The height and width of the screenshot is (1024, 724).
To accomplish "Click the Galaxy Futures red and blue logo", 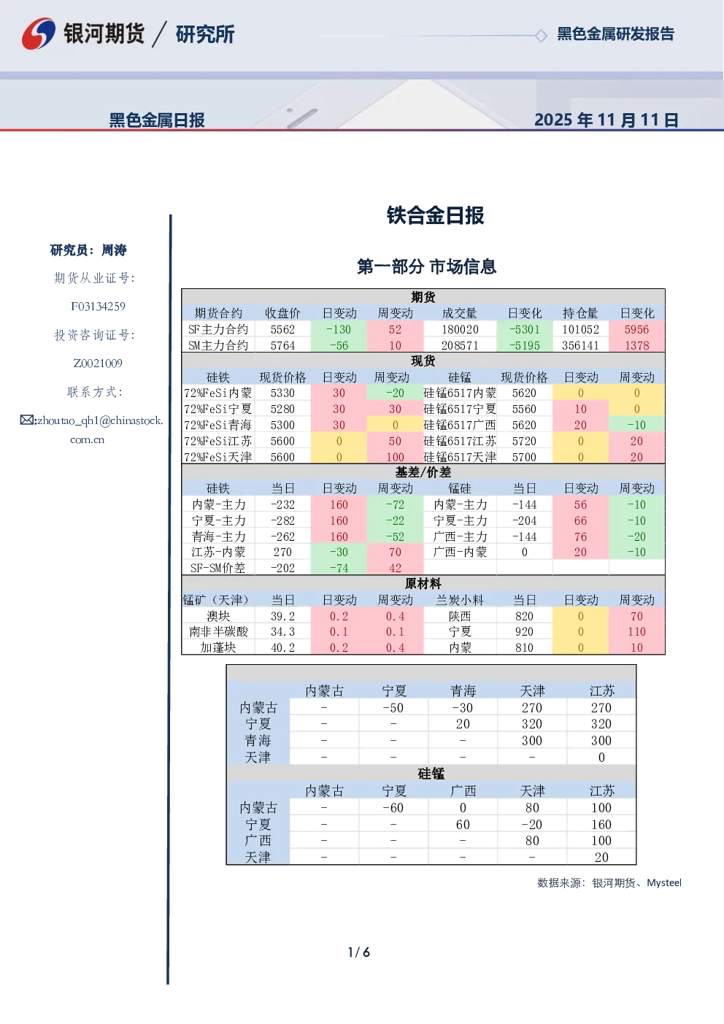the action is (x=39, y=34).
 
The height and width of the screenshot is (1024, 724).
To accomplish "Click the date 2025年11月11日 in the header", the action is (x=606, y=120).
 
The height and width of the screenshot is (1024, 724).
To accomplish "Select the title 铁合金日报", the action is (x=435, y=215).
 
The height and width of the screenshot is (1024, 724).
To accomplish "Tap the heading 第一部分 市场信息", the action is (x=426, y=266).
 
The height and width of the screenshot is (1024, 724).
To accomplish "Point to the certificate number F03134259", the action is (x=98, y=307).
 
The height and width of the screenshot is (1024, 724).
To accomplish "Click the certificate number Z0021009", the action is (x=98, y=363).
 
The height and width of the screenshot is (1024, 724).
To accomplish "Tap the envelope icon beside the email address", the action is (x=27, y=420).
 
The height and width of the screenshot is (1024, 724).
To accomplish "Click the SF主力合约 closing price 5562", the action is (x=282, y=330).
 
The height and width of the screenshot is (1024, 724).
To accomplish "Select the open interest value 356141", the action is (x=580, y=346).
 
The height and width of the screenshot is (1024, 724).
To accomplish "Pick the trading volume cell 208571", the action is (x=459, y=346).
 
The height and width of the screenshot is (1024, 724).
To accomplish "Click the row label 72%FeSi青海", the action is (x=218, y=425).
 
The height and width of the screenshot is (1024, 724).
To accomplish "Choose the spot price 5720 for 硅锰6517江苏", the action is (x=524, y=441).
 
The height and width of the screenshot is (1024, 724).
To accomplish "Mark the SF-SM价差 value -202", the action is (x=282, y=569).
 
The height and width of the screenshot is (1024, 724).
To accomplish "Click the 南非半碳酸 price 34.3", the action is (x=282, y=632).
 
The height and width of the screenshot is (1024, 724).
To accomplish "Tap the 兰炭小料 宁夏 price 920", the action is (x=524, y=632).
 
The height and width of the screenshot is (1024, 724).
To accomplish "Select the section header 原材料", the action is (x=423, y=584).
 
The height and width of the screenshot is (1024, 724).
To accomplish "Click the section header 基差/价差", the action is (x=423, y=472).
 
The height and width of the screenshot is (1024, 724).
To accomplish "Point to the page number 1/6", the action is (x=359, y=952).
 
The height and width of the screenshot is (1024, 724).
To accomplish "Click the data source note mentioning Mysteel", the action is (x=609, y=882).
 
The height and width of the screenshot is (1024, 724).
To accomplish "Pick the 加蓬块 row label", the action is (x=218, y=648).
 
